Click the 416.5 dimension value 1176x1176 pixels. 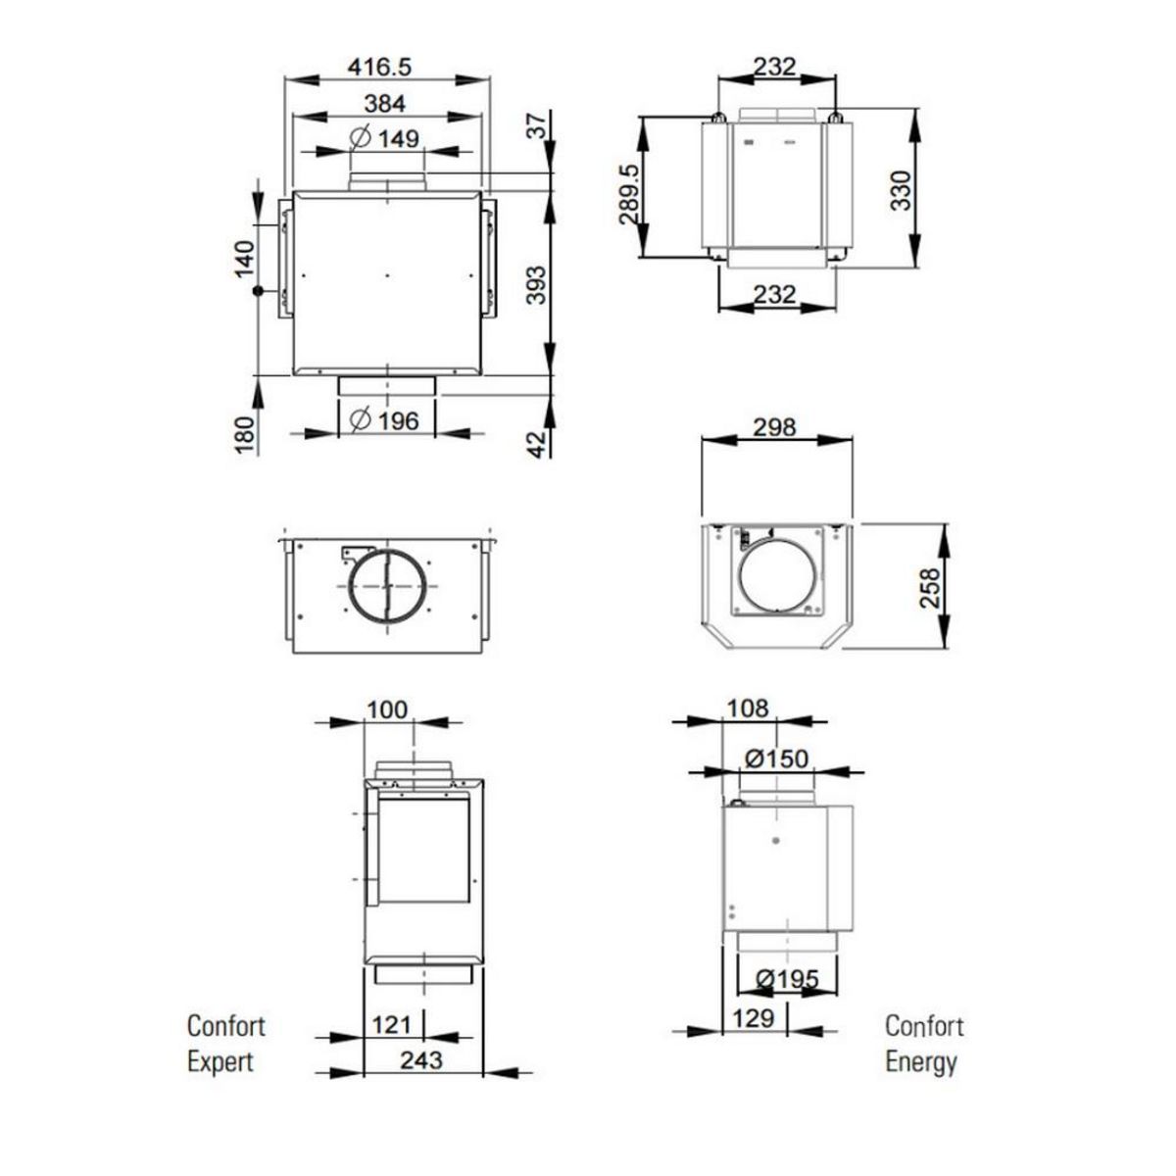(x=379, y=67)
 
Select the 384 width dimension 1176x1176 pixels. (x=384, y=104)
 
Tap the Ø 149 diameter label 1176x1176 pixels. (x=384, y=138)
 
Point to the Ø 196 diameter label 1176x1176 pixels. (x=384, y=420)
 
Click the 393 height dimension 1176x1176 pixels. (x=536, y=284)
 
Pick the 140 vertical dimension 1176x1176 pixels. (x=245, y=259)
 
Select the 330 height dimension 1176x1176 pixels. (x=901, y=190)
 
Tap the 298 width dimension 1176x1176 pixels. (x=774, y=427)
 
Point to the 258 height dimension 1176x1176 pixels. (x=929, y=588)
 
